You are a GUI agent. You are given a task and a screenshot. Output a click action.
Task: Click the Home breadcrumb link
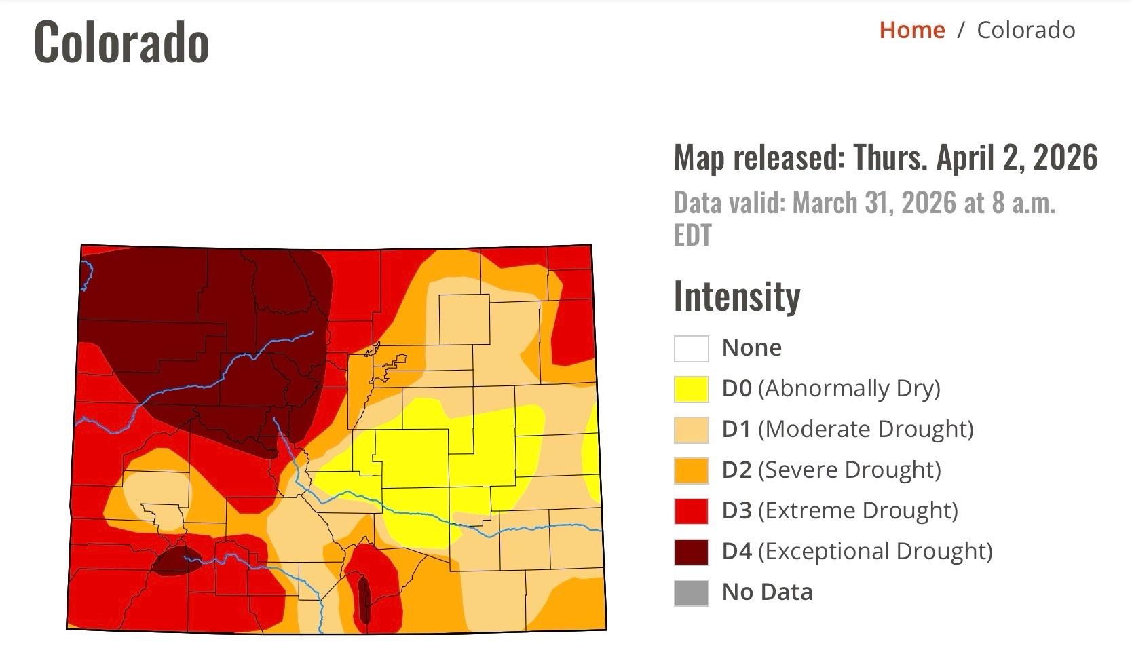[x=911, y=30]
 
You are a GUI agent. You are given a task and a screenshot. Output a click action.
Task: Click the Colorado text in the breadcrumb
[x=1025, y=30]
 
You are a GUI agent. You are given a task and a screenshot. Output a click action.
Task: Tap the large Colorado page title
[x=121, y=43]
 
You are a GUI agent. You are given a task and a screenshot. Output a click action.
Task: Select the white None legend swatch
[x=691, y=348]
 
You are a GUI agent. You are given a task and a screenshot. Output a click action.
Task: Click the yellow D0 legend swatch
[x=691, y=389]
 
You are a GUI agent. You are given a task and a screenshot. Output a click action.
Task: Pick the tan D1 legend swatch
[x=691, y=430]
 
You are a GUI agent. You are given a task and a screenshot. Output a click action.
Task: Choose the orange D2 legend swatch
[x=691, y=470]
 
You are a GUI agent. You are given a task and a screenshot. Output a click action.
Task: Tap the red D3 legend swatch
[x=691, y=511]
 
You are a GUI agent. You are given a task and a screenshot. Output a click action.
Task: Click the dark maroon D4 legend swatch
[x=691, y=552]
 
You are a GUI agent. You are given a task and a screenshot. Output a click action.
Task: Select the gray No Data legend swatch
[x=691, y=592]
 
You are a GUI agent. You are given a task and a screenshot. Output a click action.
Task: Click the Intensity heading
[x=737, y=297]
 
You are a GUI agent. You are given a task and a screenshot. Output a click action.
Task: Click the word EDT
[x=692, y=235]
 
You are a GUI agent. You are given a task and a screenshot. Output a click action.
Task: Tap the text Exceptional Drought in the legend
[x=875, y=551]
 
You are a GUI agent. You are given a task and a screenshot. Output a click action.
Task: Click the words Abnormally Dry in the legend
[x=849, y=388]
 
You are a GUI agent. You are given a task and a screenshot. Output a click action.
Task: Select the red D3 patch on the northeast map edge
[x=573, y=319]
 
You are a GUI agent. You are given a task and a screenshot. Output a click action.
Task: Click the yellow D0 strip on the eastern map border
[x=592, y=451]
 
